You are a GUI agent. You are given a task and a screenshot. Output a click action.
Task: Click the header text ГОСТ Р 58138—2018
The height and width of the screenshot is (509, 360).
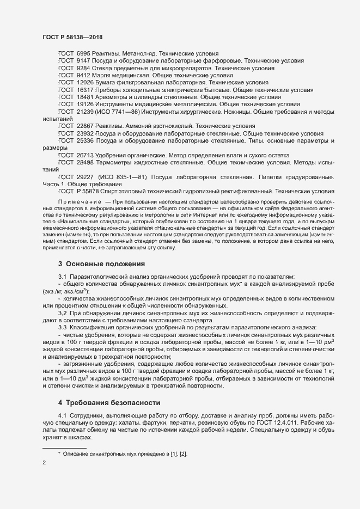[72, 36]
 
